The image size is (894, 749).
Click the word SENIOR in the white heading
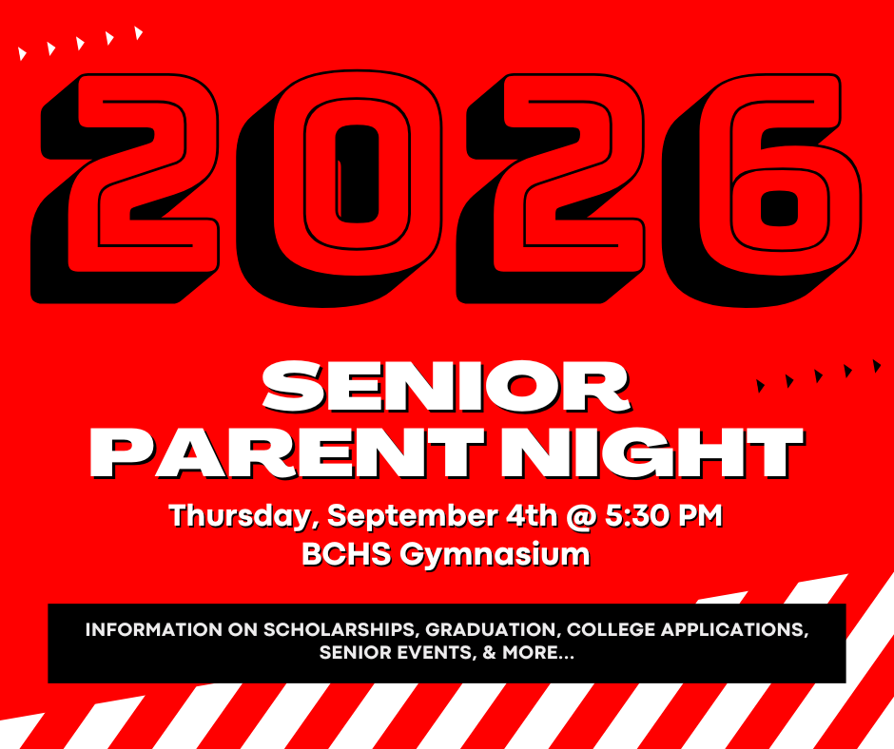click(x=446, y=387)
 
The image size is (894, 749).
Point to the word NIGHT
click(x=652, y=452)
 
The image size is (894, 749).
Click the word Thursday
click(x=241, y=516)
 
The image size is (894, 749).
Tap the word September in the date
click(x=412, y=516)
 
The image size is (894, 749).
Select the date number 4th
click(x=532, y=515)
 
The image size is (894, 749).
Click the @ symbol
click(x=581, y=516)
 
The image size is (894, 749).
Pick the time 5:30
click(x=637, y=515)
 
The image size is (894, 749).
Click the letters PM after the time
click(x=700, y=515)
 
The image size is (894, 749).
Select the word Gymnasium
click(x=495, y=555)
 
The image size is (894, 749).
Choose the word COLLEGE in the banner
click(x=611, y=629)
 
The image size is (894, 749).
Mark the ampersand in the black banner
click(x=489, y=652)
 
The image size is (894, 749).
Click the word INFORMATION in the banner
click(x=154, y=629)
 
